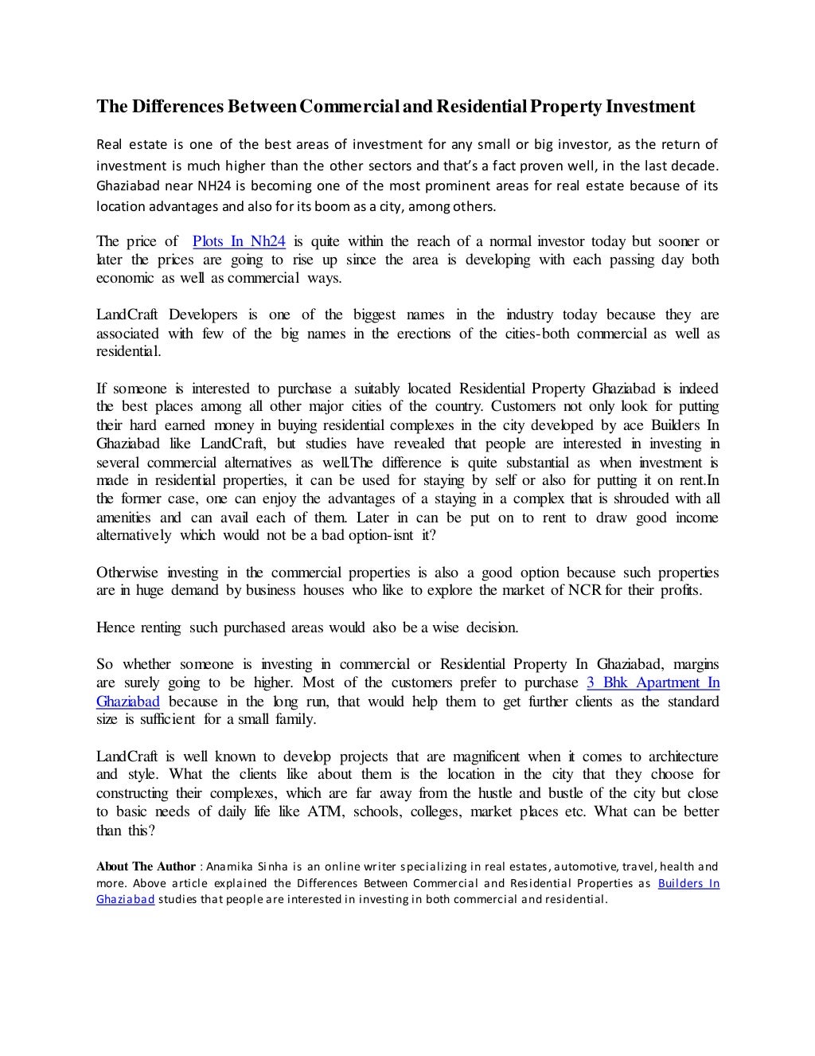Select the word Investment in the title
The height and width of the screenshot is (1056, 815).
(650, 107)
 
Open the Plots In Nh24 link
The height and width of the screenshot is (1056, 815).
(239, 241)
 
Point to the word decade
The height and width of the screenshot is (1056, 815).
(694, 166)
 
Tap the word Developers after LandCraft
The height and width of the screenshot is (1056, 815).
(202, 315)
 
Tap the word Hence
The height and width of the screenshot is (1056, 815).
(115, 628)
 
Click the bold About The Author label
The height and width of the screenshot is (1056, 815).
(146, 866)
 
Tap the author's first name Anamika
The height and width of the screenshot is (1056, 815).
(228, 866)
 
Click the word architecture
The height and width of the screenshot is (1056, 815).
(673, 757)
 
